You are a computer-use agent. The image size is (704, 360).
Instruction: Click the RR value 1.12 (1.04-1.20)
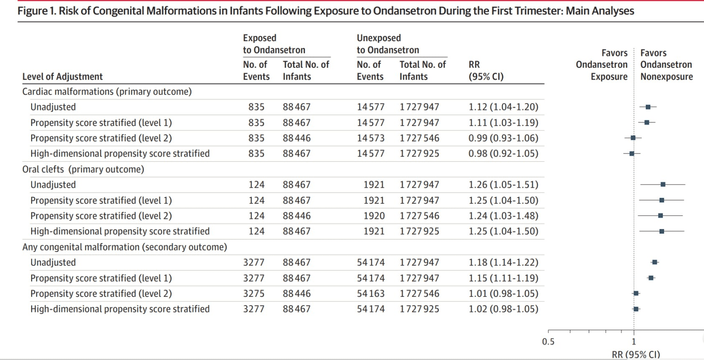(503, 107)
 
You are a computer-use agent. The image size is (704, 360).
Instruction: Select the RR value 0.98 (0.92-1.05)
(503, 153)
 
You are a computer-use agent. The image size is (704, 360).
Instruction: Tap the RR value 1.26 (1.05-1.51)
(503, 185)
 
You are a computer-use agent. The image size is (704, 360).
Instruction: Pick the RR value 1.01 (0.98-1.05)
(503, 294)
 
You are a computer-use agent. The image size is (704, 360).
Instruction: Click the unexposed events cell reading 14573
(370, 138)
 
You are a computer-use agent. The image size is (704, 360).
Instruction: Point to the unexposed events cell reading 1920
(374, 216)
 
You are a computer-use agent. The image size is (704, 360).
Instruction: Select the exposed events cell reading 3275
(253, 294)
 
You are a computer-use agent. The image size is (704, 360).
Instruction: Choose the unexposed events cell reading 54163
(370, 294)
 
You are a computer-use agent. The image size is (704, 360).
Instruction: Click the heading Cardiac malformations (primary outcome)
(107, 92)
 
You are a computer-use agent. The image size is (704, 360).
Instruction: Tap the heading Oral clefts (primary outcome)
(83, 169)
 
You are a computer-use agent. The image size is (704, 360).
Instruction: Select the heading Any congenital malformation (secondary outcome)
(124, 247)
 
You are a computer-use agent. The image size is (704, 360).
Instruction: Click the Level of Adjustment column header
(62, 76)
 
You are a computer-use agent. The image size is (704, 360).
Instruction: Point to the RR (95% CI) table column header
(485, 71)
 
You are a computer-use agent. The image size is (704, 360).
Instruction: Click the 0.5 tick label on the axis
(548, 342)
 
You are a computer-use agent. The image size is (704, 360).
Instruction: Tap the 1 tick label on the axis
(634, 342)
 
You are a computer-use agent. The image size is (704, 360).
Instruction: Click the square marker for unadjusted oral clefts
(663, 185)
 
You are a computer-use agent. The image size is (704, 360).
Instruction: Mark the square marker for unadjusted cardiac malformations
(648, 107)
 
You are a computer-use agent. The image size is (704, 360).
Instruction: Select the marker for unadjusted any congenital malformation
(654, 262)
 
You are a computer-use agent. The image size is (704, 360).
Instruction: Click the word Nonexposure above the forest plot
(666, 76)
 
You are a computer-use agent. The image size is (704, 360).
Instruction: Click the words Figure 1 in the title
(36, 11)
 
